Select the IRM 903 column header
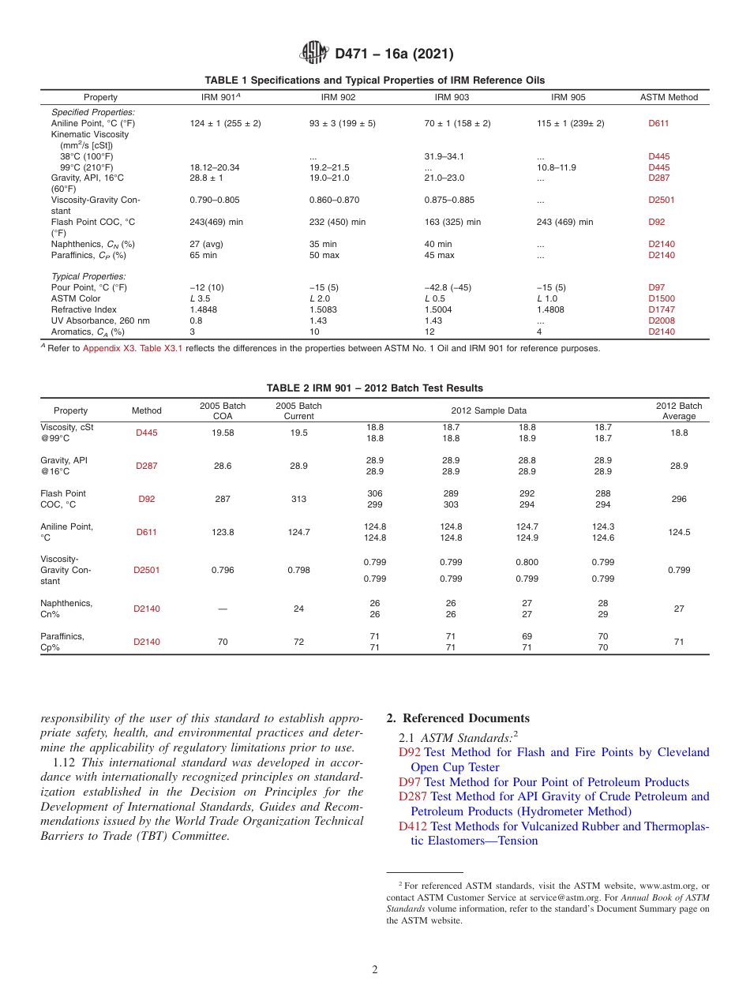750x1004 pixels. point(452,97)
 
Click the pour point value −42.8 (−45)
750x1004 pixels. point(448,288)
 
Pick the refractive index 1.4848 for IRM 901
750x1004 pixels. point(204,310)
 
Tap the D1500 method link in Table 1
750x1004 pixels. point(661,299)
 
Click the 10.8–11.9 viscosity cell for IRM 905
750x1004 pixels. point(557,167)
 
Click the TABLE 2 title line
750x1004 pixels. point(374,388)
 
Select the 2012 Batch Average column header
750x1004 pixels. point(678,410)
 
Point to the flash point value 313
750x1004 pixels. point(298,499)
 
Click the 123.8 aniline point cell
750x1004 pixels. point(223,532)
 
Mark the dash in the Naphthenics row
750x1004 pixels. point(223,609)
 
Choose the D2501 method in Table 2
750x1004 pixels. point(146,570)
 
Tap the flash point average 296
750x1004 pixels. point(678,499)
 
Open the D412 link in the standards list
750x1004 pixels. point(412,826)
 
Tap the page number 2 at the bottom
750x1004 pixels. point(375,970)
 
